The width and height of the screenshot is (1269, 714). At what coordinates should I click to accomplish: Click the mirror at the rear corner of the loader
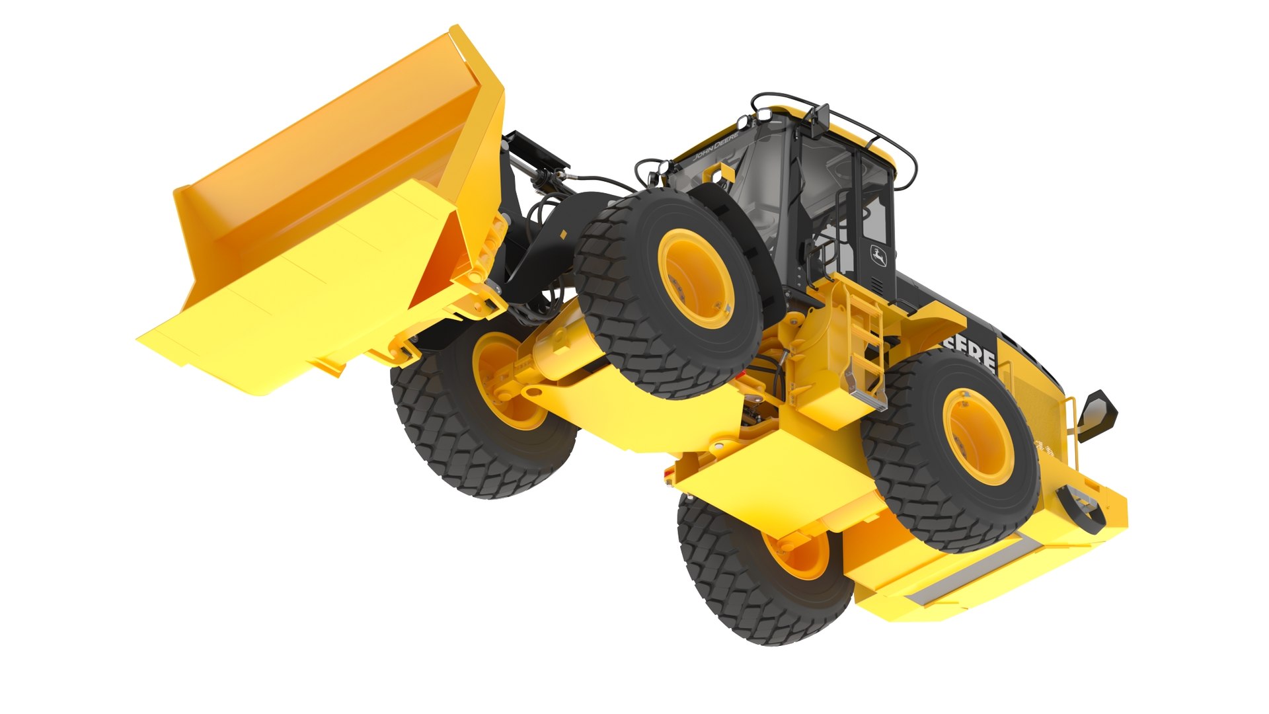coord(1096,414)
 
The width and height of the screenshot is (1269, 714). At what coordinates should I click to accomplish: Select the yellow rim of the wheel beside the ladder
coord(979,437)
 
